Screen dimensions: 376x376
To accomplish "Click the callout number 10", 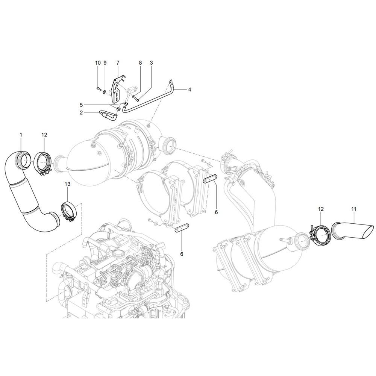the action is (98, 63).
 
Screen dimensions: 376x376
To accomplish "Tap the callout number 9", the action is (105, 63).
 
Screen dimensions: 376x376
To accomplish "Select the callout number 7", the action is (118, 63).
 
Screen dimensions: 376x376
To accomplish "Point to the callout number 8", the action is (140, 63).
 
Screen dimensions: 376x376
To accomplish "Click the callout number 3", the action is (151, 63).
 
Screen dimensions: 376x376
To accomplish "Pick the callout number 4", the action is (190, 90).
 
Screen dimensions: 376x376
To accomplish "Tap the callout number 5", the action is (81, 105).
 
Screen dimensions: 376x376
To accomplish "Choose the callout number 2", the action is (81, 112).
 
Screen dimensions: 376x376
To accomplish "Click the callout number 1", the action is (21, 135).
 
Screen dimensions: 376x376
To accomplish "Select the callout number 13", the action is (68, 184).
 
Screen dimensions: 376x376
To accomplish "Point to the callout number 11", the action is (354, 209).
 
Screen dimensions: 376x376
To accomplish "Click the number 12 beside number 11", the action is (321, 209).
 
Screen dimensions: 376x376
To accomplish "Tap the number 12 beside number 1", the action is (44, 135).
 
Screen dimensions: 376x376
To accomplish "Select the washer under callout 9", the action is (105, 91).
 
